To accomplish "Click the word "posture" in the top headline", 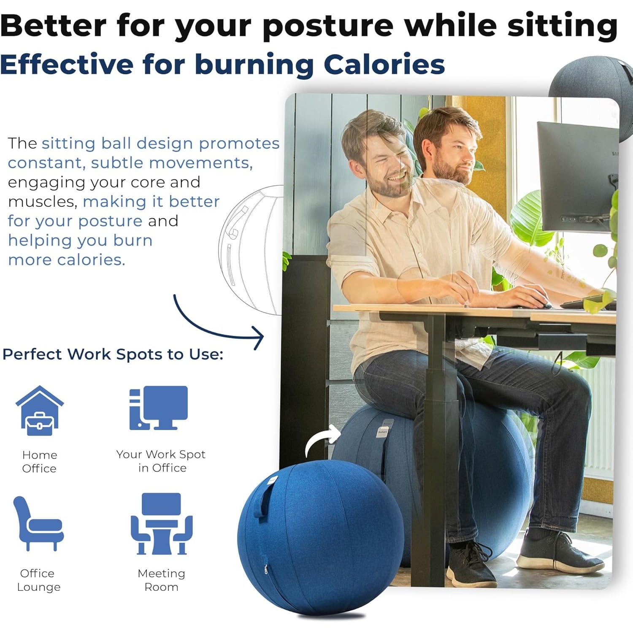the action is click(328, 26).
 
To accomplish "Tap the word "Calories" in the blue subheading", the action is click(384, 65).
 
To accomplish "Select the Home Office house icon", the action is click(40, 411).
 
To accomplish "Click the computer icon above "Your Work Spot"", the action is click(158, 408).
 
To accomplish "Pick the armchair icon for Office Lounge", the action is click(38, 523).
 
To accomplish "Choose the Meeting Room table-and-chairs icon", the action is click(161, 524).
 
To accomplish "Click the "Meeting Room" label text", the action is click(161, 580).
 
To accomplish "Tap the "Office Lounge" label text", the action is click(38, 580).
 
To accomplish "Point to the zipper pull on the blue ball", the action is click(265, 569).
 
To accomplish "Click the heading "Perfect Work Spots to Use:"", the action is click(113, 354).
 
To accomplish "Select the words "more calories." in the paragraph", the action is click(67, 260).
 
